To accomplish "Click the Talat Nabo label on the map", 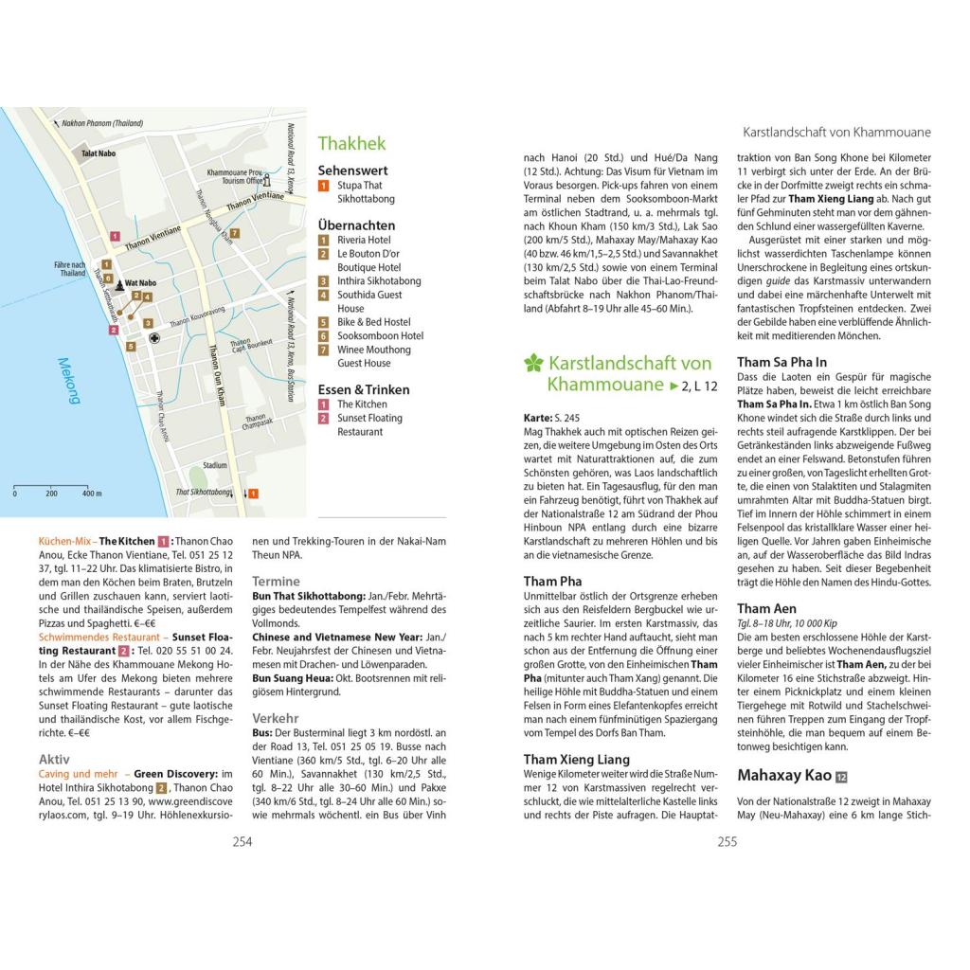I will tap(99, 153).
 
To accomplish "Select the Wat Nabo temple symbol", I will tap(120, 282).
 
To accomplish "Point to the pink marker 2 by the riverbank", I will tap(114, 330).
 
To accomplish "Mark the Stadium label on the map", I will tap(216, 465).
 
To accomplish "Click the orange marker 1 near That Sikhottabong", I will tap(253, 494).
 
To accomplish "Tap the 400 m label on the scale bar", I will tap(91, 494).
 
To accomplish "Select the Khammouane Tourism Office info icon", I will tap(266, 179).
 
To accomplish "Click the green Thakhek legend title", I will tap(351, 144).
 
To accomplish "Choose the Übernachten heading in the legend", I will tap(356, 225).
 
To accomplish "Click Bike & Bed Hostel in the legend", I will tap(373, 322).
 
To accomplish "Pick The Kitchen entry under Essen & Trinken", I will tap(362, 404).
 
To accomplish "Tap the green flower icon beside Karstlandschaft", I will tap(533, 363).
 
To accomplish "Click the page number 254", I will tap(242, 840).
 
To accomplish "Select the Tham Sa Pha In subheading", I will tap(781, 362).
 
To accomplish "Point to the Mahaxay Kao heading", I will tap(784, 776).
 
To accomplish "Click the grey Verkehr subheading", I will tap(275, 719).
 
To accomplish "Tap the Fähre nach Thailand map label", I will tap(72, 268).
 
